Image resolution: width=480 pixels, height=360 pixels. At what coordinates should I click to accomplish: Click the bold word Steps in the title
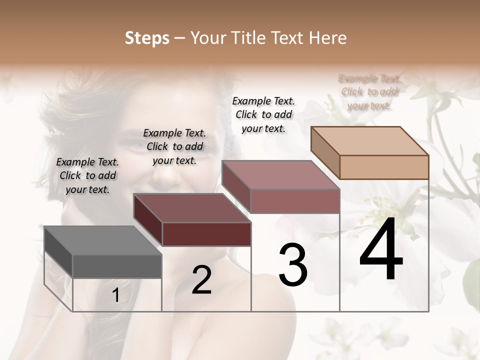(147, 38)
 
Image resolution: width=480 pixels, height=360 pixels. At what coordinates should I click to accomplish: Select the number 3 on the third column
(293, 265)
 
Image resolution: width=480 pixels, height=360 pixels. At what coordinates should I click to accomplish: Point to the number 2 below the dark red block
(201, 280)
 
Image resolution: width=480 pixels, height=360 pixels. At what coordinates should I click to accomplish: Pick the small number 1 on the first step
(115, 295)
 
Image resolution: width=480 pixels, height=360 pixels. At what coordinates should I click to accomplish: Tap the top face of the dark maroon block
(192, 208)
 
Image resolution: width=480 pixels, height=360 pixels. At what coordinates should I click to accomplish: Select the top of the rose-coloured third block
(280, 175)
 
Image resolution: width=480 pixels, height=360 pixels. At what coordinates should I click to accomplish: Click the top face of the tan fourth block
(370, 141)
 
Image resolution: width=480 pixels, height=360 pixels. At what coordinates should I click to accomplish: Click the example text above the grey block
(87, 175)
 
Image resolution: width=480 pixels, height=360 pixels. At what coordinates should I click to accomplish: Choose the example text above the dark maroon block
(174, 146)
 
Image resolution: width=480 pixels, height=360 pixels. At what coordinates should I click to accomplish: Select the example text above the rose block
(263, 114)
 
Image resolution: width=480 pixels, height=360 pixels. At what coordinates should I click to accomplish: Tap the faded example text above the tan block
(369, 92)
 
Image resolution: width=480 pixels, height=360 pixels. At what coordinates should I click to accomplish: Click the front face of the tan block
(384, 167)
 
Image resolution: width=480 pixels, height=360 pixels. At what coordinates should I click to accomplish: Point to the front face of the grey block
(117, 266)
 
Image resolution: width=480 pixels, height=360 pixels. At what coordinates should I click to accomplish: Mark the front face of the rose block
(295, 201)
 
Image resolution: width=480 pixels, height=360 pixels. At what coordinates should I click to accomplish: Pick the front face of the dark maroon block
(206, 234)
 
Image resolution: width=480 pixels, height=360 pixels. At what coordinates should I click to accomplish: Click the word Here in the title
(329, 38)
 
